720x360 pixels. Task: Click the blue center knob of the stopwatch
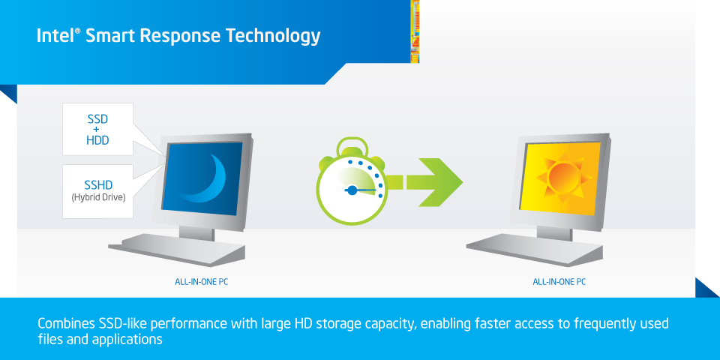click(352, 189)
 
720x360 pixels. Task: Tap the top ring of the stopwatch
click(351, 148)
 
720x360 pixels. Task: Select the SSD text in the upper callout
click(97, 120)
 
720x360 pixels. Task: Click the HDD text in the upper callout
click(97, 140)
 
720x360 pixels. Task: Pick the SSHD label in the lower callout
click(98, 185)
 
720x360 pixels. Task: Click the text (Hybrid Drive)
click(98, 198)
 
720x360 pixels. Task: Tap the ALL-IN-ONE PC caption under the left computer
click(201, 282)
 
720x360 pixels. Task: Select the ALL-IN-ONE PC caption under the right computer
click(559, 282)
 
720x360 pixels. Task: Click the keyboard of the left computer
click(177, 248)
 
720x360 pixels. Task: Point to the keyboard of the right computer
click(535, 248)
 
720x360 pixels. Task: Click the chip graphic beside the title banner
click(415, 31)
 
